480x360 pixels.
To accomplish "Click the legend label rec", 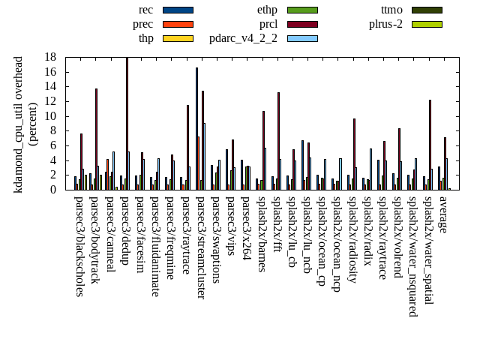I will pos(146,10).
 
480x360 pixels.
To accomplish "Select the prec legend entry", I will pos(142,24).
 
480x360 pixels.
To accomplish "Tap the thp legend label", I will pos(145,38).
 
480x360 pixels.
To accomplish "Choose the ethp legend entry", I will pos(267,10).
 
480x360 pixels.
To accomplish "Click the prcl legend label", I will pos(268,24).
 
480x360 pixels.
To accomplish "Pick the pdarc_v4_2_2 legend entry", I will pos(243,38).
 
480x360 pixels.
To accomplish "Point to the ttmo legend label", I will pos(391,10).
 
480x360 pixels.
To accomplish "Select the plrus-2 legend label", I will pos(385,24).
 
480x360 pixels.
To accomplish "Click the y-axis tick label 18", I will pos(50,57).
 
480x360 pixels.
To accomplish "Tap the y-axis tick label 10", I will pos(50,116).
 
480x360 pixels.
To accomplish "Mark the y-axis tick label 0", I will pos(53,190).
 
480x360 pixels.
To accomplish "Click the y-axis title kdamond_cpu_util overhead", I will pos(19,124).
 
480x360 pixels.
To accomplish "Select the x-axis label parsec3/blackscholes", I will pos(79,246).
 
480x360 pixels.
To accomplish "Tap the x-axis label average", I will pos(442,213).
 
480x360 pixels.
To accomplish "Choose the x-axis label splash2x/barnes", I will pos(261,235).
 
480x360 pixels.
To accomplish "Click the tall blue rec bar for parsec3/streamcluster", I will pos(197,128).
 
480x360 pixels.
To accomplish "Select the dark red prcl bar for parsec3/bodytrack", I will pos(96,139).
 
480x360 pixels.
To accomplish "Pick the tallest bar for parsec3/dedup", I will pos(127,123).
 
